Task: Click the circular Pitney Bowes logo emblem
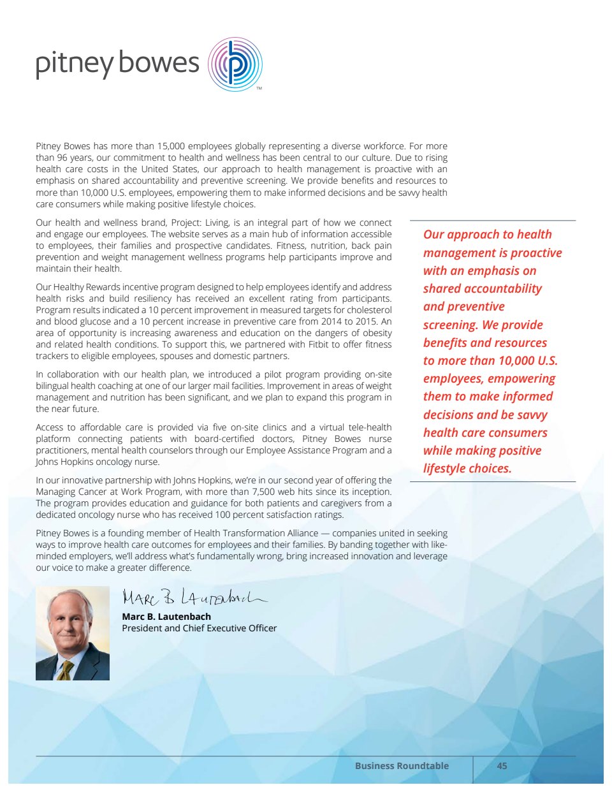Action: click(x=235, y=64)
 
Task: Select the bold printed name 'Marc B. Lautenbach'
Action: click(x=166, y=617)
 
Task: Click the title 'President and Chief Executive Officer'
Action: click(x=200, y=628)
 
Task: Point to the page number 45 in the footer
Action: click(x=502, y=766)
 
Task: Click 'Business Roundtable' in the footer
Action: click(x=402, y=766)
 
